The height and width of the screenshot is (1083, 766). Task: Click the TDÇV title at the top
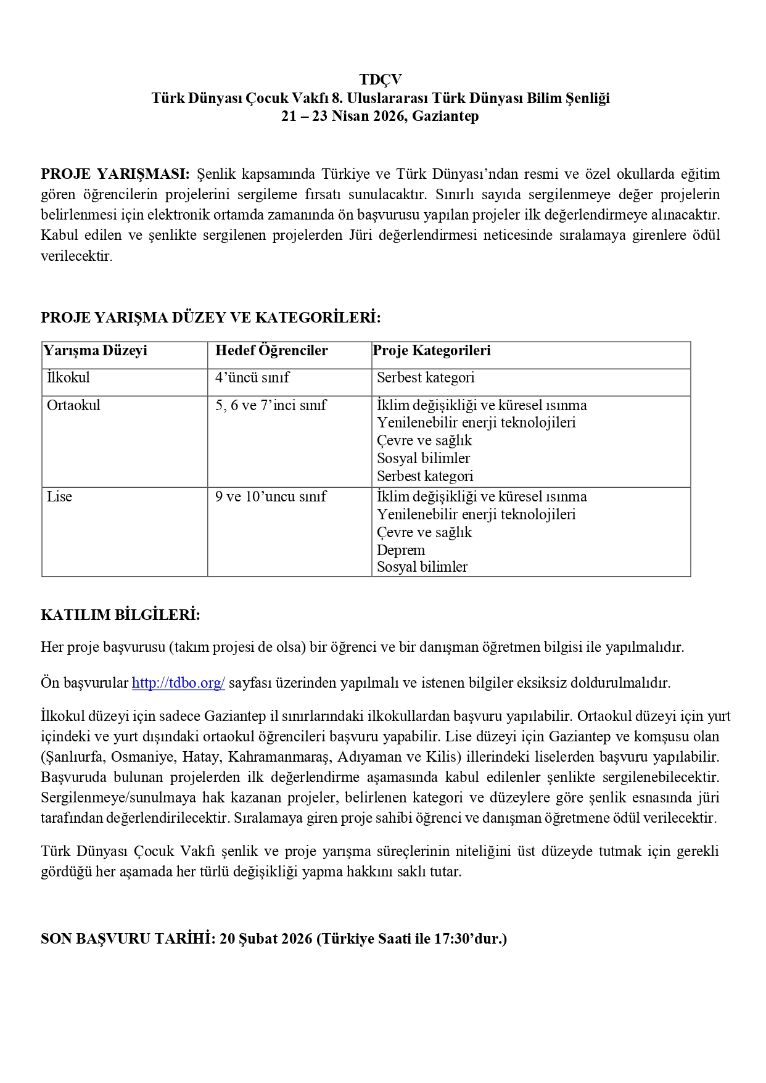tap(381, 80)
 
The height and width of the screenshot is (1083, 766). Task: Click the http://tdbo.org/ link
tap(178, 683)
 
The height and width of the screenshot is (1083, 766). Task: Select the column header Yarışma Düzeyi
tap(95, 351)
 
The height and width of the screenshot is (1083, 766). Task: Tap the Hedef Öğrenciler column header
tap(271, 351)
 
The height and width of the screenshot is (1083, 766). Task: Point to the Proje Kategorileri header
tap(432, 351)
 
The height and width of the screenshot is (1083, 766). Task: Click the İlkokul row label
tap(68, 377)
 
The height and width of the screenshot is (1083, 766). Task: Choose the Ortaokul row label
tap(73, 405)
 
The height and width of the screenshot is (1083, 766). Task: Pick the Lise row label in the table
tap(59, 496)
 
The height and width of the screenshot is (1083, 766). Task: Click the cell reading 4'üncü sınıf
tap(252, 377)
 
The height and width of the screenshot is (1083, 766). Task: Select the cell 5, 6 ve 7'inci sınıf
tap(271, 405)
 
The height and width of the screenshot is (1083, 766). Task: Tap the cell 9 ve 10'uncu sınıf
tap(271, 496)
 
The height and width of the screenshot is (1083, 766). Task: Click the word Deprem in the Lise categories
tap(401, 550)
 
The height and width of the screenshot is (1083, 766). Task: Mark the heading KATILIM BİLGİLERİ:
tap(120, 615)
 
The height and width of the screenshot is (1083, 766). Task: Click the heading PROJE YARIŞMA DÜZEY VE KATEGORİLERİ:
tap(211, 318)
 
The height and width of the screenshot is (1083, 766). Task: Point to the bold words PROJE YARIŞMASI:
tap(115, 174)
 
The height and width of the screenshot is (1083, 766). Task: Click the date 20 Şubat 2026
tap(265, 939)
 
